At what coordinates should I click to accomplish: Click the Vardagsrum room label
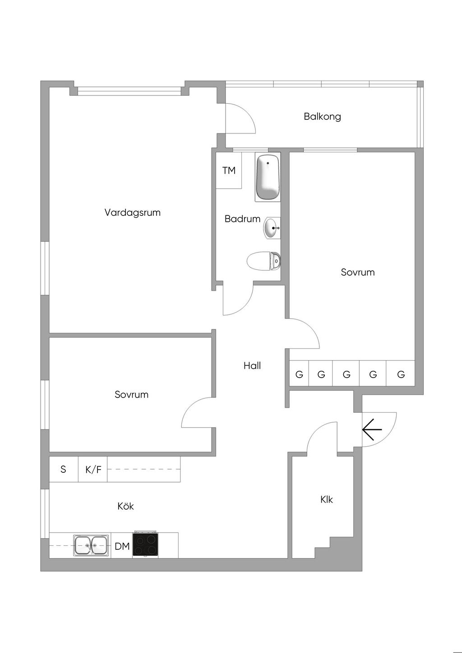133,213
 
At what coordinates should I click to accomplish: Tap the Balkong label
322,117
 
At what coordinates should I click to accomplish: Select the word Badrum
242,219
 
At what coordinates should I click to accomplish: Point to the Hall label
252,365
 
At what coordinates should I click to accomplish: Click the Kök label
125,506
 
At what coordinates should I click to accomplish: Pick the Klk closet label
326,499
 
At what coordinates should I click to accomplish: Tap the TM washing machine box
229,170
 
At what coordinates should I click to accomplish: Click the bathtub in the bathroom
268,177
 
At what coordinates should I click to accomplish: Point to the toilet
264,260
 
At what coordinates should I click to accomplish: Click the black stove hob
145,544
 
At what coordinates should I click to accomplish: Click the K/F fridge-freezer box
93,469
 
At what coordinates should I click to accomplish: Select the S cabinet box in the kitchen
64,469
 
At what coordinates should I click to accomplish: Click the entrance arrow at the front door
372,429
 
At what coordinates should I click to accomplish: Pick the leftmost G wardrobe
299,374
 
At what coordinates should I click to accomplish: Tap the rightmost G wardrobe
401,374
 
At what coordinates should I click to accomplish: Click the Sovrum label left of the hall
131,394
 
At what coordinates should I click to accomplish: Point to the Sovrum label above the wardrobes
357,272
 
